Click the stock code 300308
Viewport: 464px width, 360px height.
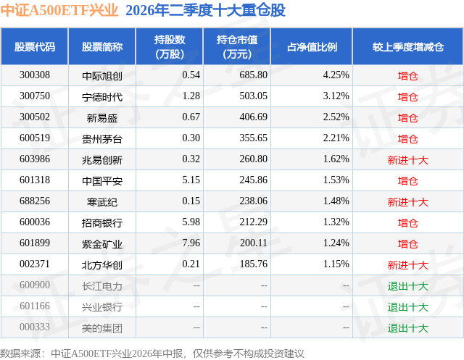click(35, 75)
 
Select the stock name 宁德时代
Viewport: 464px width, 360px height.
click(102, 96)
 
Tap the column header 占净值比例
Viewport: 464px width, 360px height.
click(312, 46)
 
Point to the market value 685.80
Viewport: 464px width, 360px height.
click(253, 75)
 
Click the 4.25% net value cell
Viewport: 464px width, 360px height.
click(336, 75)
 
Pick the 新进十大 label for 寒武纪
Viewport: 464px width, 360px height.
click(407, 202)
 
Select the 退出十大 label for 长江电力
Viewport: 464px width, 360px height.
click(407, 286)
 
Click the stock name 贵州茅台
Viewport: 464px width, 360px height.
click(102, 138)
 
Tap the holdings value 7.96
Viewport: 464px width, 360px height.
click(191, 243)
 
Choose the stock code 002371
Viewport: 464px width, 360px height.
click(35, 264)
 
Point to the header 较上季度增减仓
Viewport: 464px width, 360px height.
click(407, 46)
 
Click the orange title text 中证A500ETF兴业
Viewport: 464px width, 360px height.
click(59, 10)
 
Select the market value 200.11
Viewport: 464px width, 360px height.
click(253, 243)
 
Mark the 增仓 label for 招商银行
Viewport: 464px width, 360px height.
click(407, 223)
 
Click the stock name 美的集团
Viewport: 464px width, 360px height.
click(102, 328)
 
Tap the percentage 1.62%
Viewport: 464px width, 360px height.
click(336, 159)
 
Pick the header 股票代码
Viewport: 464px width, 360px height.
click(35, 46)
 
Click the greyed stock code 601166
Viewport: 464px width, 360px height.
click(35, 306)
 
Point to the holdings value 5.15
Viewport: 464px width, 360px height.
click(191, 180)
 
